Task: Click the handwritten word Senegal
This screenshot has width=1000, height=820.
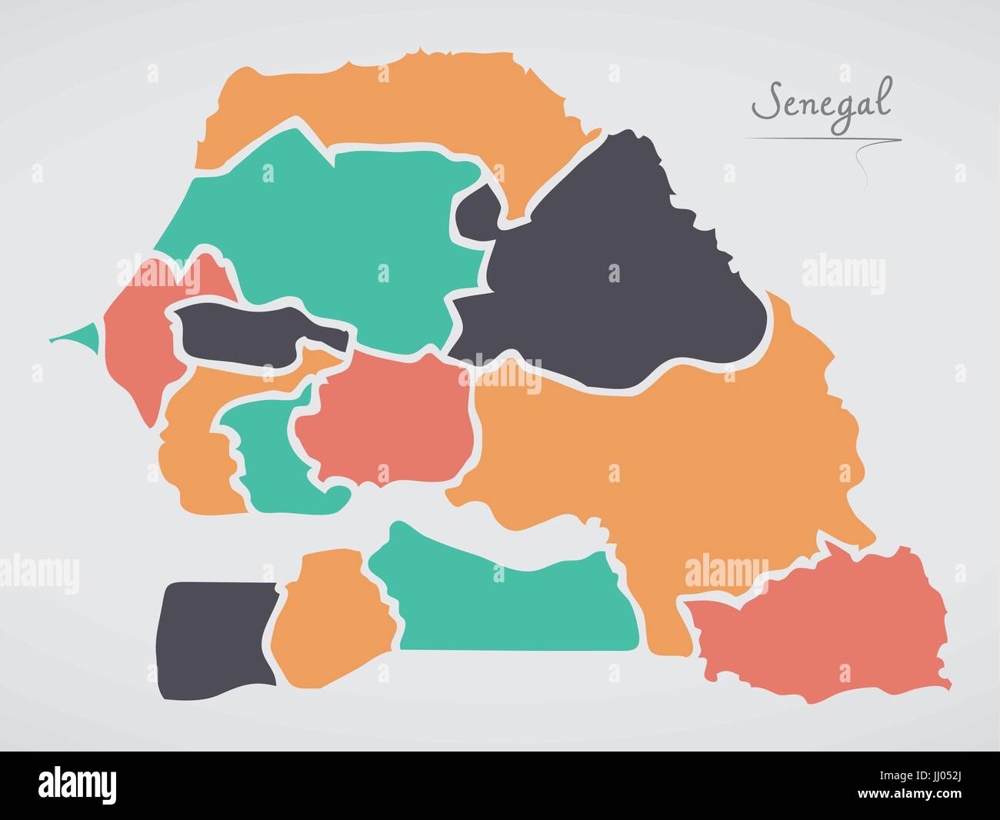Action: tap(820, 102)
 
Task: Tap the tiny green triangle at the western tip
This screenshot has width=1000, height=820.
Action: tap(82, 337)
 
